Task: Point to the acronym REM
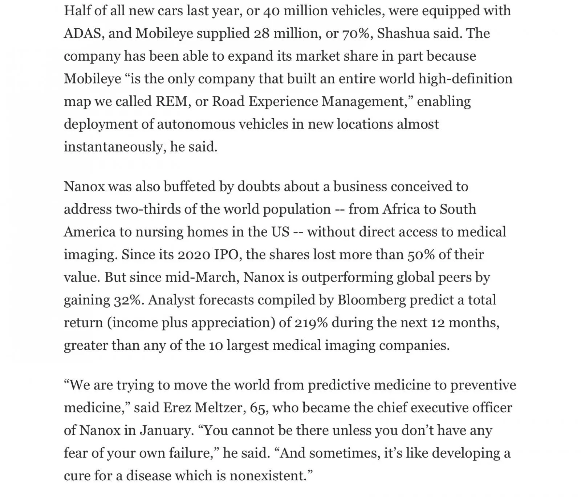pyautogui.click(x=171, y=101)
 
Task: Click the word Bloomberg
pyautogui.click(x=371, y=300)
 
